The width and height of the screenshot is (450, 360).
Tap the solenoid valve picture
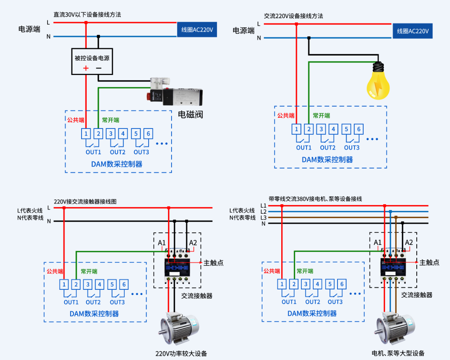(x=174, y=92)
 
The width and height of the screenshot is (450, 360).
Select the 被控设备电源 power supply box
(x=92, y=62)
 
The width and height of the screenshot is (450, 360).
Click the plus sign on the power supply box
(x=86, y=68)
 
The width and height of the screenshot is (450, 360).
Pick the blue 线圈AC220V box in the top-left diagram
(x=197, y=30)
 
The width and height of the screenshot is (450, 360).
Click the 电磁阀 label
(x=190, y=115)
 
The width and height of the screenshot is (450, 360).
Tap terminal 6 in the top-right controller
(x=359, y=129)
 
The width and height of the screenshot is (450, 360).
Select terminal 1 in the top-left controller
(x=86, y=134)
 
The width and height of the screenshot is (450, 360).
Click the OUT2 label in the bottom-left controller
(x=93, y=302)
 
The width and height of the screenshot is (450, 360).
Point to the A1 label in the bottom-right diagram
(x=378, y=242)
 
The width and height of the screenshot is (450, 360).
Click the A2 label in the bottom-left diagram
(x=193, y=243)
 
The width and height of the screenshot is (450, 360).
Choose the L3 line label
(x=263, y=217)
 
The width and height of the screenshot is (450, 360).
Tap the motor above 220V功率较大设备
(x=179, y=329)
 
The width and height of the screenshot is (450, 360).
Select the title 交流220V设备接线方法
(x=294, y=16)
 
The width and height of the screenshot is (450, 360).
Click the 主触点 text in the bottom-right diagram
(x=429, y=262)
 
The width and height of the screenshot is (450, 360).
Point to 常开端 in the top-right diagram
(x=321, y=116)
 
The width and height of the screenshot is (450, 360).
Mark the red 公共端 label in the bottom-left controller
(x=55, y=272)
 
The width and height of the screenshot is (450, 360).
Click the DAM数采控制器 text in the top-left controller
(x=117, y=164)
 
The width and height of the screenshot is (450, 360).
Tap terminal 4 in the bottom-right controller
(x=317, y=284)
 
